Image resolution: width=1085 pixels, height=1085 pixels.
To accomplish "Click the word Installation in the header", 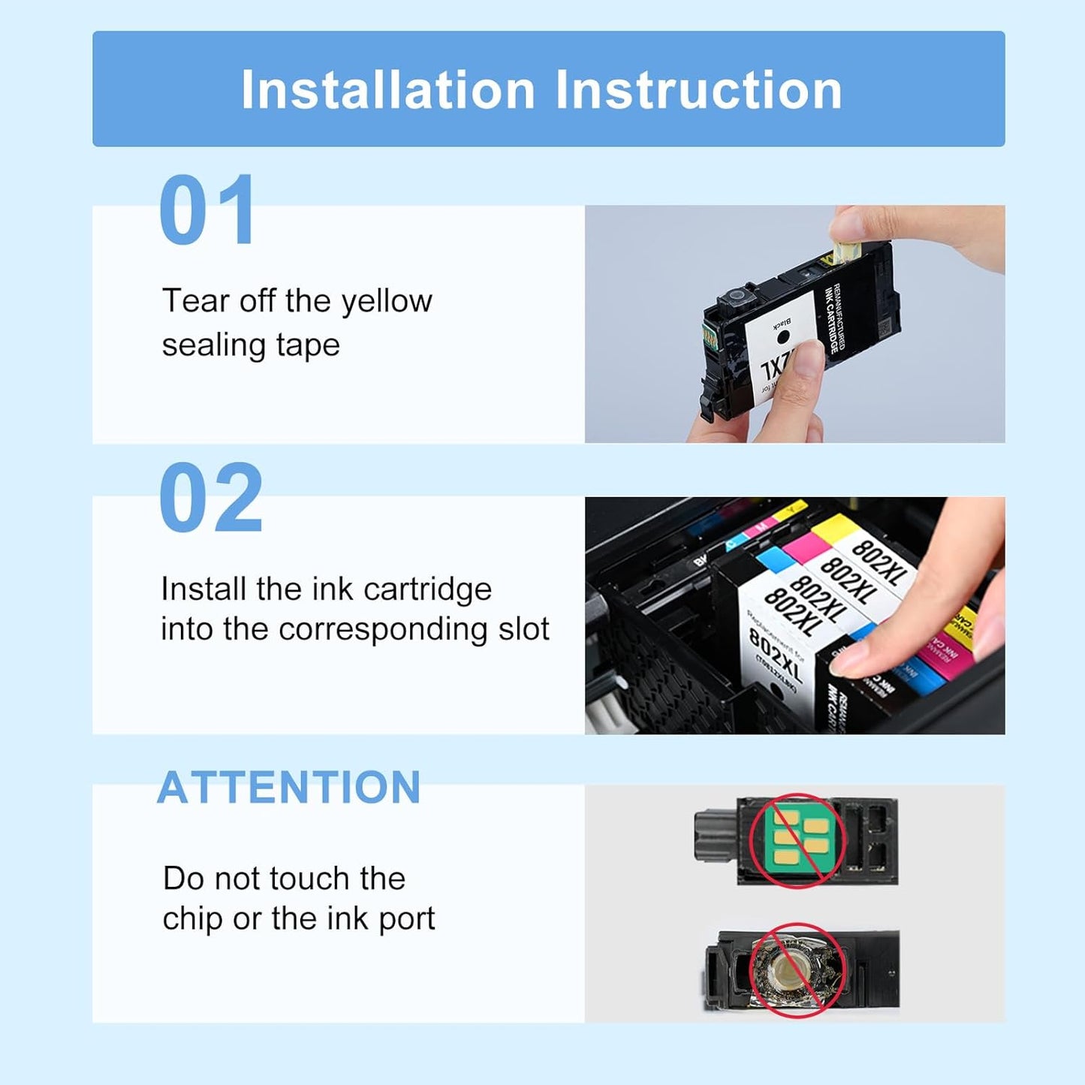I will (387, 91).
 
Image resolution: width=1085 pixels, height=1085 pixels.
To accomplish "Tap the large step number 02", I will (211, 498).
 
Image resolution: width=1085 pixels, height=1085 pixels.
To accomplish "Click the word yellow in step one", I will (387, 302).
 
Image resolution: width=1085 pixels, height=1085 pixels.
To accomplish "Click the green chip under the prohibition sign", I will (800, 839).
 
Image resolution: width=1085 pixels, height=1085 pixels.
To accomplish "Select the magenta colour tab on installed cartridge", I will (802, 544).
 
